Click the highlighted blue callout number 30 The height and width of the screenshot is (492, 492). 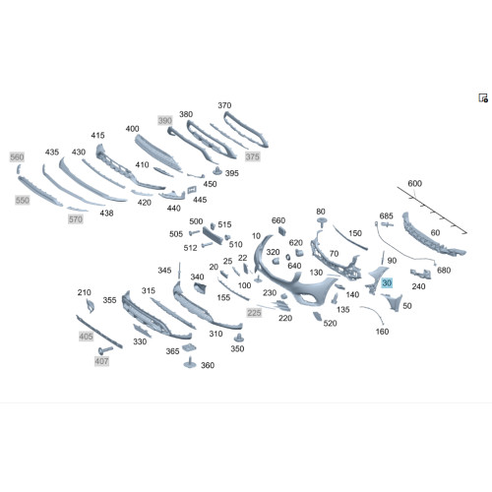[387, 282]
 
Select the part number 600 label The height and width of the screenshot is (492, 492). [414, 183]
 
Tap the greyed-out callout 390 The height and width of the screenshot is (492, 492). [165, 120]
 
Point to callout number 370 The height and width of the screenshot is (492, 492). [224, 105]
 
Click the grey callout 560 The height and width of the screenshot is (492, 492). [17, 157]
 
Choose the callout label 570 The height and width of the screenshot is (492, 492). [76, 219]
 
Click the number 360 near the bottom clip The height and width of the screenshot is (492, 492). [208, 365]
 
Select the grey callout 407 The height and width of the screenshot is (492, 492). [101, 361]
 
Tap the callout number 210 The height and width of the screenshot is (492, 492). [85, 292]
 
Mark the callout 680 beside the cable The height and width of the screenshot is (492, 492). [444, 270]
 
